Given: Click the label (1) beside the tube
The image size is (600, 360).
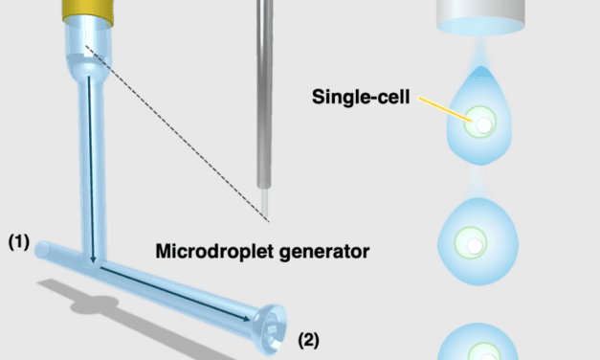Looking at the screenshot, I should point(19,243).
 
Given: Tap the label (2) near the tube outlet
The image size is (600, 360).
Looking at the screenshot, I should point(309,338).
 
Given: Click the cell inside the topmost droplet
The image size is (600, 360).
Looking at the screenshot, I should point(484,124).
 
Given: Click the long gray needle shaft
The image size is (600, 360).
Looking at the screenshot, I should point(264,96).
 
